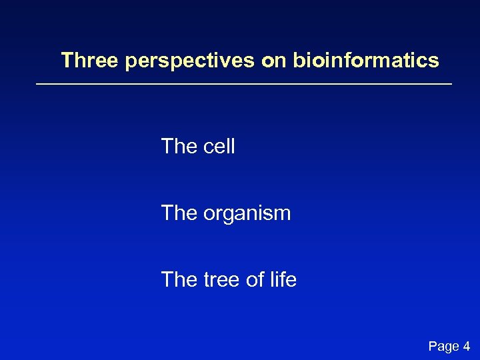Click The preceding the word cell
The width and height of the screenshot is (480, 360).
tap(179, 146)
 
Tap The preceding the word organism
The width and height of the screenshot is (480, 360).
tap(179, 213)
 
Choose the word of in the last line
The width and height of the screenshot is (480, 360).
tap(256, 280)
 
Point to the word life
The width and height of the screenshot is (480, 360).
tap(284, 280)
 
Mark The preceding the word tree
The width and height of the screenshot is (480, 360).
tap(179, 280)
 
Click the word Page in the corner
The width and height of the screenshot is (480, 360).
tap(443, 346)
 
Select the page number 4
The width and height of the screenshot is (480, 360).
tap(466, 345)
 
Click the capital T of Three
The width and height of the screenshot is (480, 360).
tap(67, 61)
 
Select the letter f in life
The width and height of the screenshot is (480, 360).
tap(285, 279)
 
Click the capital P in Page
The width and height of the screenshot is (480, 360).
tap(433, 345)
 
